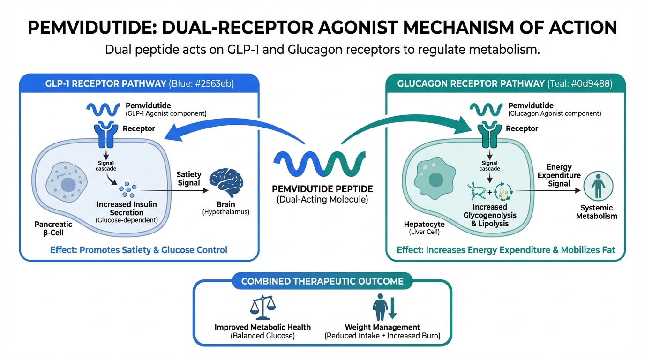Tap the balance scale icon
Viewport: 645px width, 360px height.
point(262,307)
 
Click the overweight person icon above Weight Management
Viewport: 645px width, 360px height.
point(380,307)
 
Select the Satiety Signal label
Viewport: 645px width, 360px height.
point(188,178)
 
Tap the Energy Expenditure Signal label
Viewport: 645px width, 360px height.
point(559,175)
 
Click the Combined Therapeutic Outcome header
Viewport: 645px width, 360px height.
point(322,281)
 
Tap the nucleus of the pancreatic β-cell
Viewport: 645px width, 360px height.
point(68,185)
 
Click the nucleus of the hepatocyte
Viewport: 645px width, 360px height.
point(436,179)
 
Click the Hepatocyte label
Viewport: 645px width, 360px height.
point(424,225)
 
